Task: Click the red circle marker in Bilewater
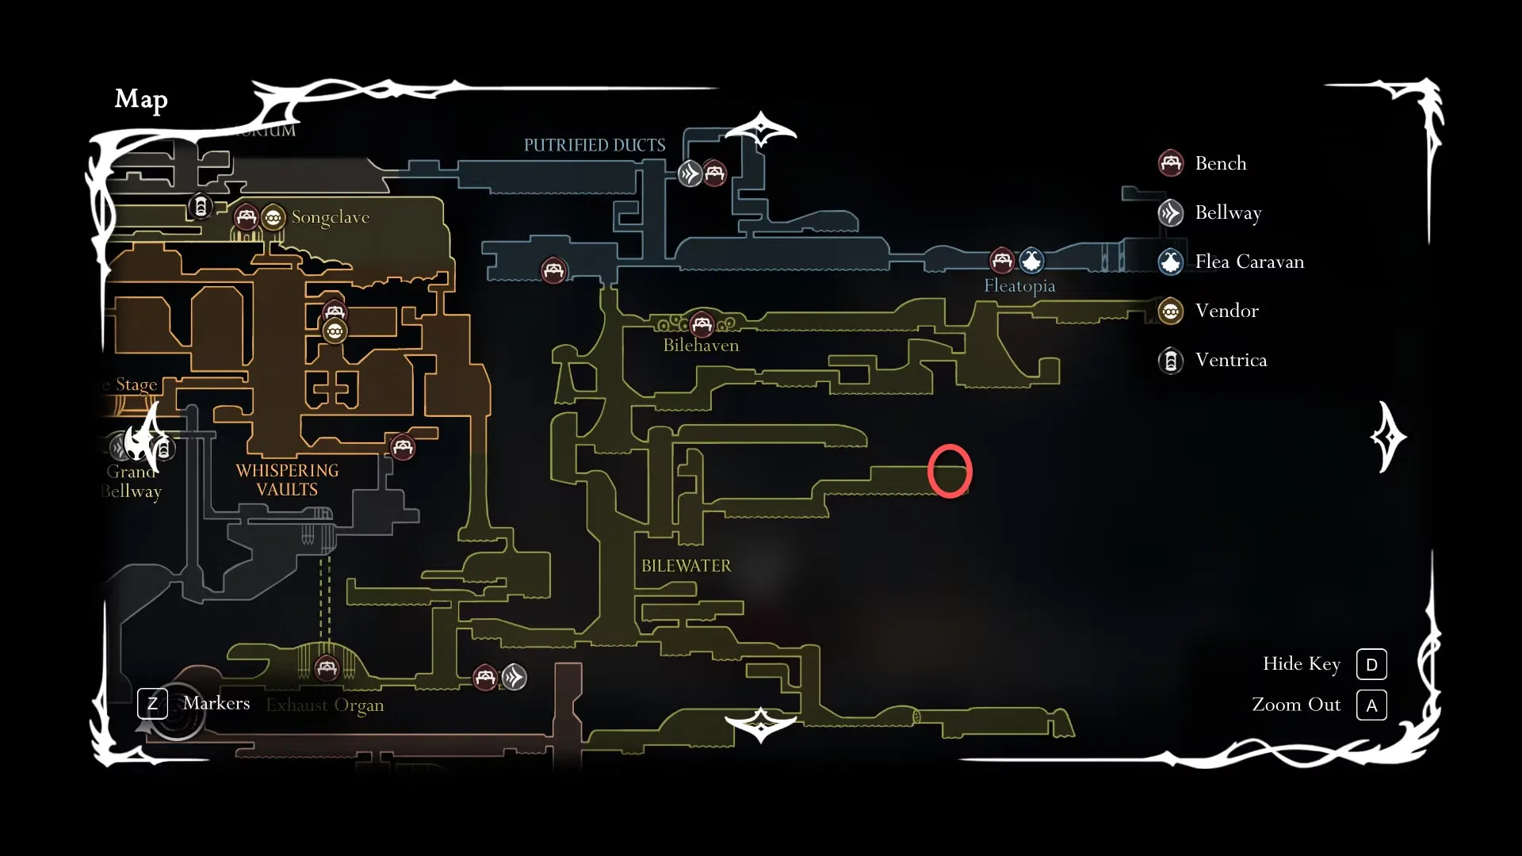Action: click(x=950, y=472)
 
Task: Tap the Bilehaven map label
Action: click(x=701, y=346)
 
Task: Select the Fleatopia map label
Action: click(x=1019, y=286)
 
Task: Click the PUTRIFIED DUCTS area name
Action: click(x=595, y=145)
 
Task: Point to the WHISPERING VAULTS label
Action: click(x=287, y=480)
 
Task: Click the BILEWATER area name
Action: click(x=686, y=566)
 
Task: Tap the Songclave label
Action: click(x=330, y=217)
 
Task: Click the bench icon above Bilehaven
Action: click(x=702, y=323)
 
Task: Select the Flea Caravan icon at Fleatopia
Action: click(x=1031, y=260)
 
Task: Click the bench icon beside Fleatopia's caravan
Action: click(x=1002, y=260)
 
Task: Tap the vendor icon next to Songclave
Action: click(x=273, y=217)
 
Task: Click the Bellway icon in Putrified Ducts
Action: click(x=690, y=173)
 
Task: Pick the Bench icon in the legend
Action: click(x=1171, y=163)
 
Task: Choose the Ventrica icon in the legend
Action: click(x=1171, y=361)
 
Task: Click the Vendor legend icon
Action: click(x=1171, y=311)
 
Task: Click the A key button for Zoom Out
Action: click(x=1371, y=705)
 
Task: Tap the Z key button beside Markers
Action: click(x=152, y=704)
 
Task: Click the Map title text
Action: click(x=141, y=99)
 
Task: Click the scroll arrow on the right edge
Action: click(x=1388, y=437)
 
